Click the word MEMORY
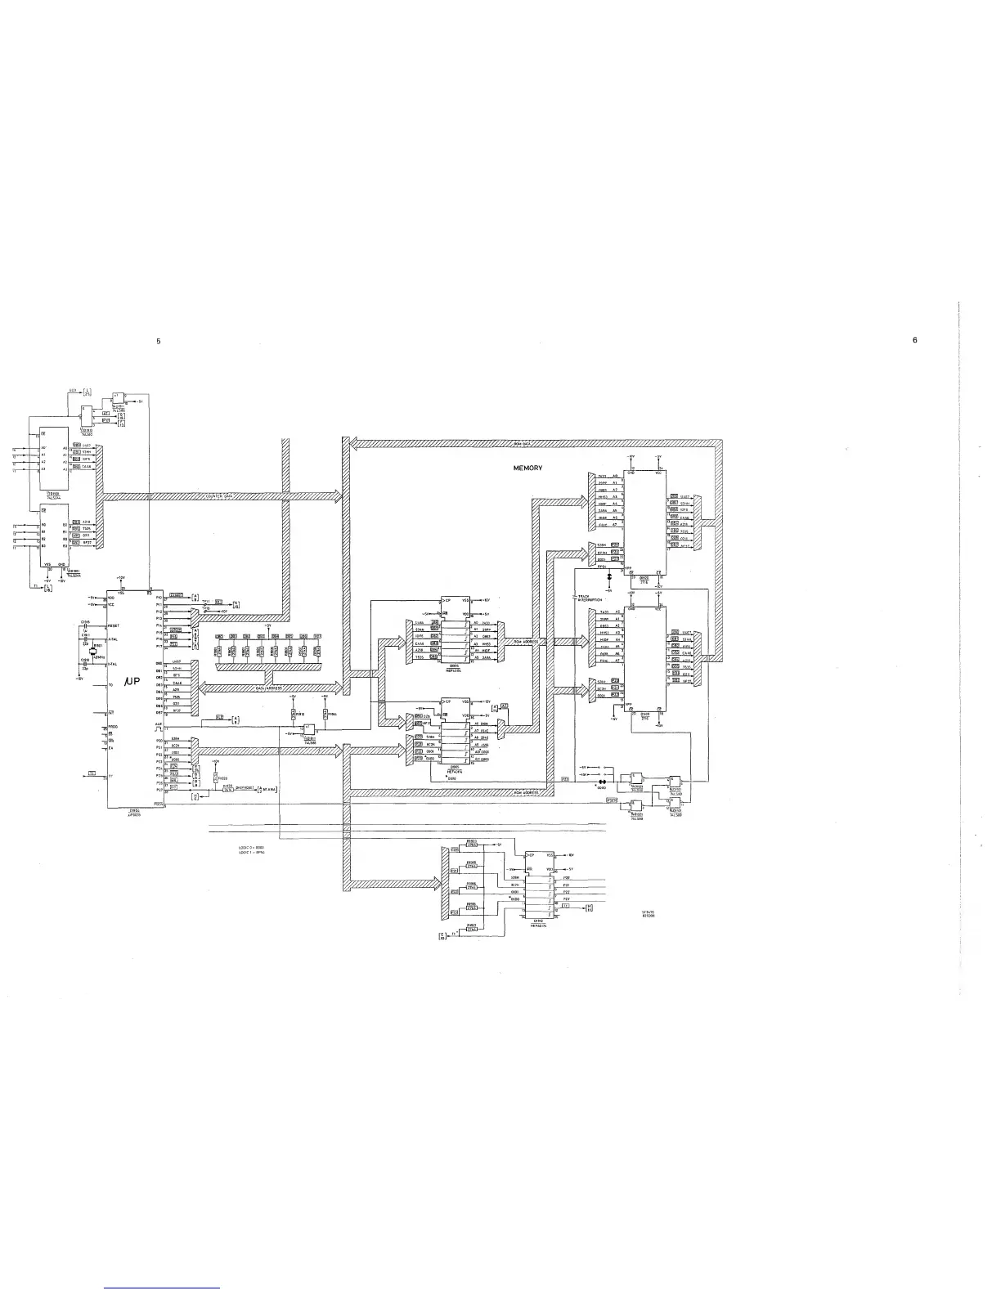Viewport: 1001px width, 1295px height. point(527,468)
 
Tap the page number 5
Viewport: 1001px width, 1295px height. point(159,341)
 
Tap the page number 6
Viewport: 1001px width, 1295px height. point(915,341)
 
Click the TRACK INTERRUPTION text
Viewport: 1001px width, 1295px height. point(589,598)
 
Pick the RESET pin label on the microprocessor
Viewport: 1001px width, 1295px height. point(114,625)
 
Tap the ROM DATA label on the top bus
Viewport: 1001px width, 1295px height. point(523,444)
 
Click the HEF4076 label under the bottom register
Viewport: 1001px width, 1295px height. point(537,924)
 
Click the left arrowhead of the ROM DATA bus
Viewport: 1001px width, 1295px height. point(347,444)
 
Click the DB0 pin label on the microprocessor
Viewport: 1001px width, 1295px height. point(159,663)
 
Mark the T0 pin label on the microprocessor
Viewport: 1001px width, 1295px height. point(110,684)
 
